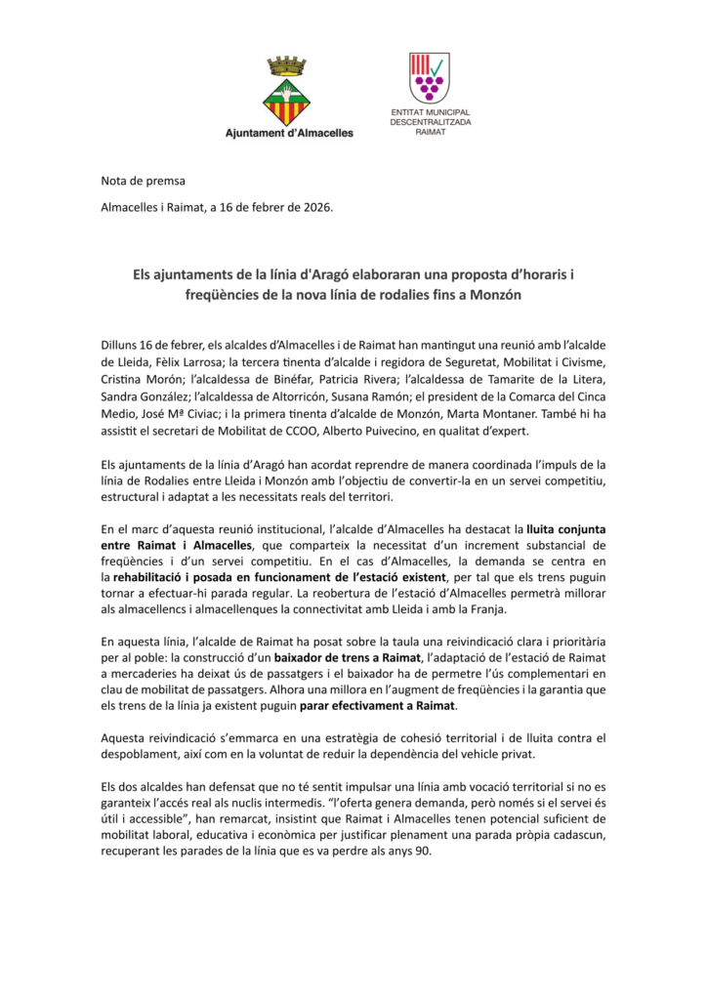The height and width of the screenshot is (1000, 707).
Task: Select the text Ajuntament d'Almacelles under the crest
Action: (289, 132)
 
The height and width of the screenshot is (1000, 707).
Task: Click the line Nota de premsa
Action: (143, 181)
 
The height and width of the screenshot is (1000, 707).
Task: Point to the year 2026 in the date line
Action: (315, 207)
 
